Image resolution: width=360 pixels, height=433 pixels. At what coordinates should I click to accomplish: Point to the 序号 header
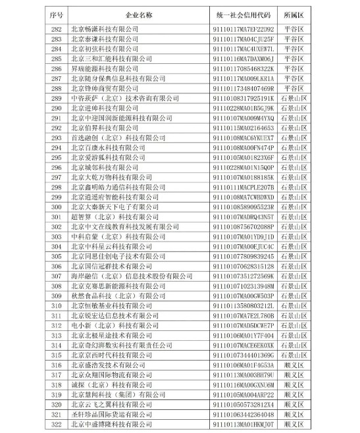pos(55,14)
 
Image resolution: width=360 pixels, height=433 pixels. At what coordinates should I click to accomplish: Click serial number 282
pos(56,29)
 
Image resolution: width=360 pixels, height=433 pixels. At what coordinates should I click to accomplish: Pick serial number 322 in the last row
pos(56,422)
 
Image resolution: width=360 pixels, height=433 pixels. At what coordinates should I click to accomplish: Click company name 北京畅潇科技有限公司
pos(105,29)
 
